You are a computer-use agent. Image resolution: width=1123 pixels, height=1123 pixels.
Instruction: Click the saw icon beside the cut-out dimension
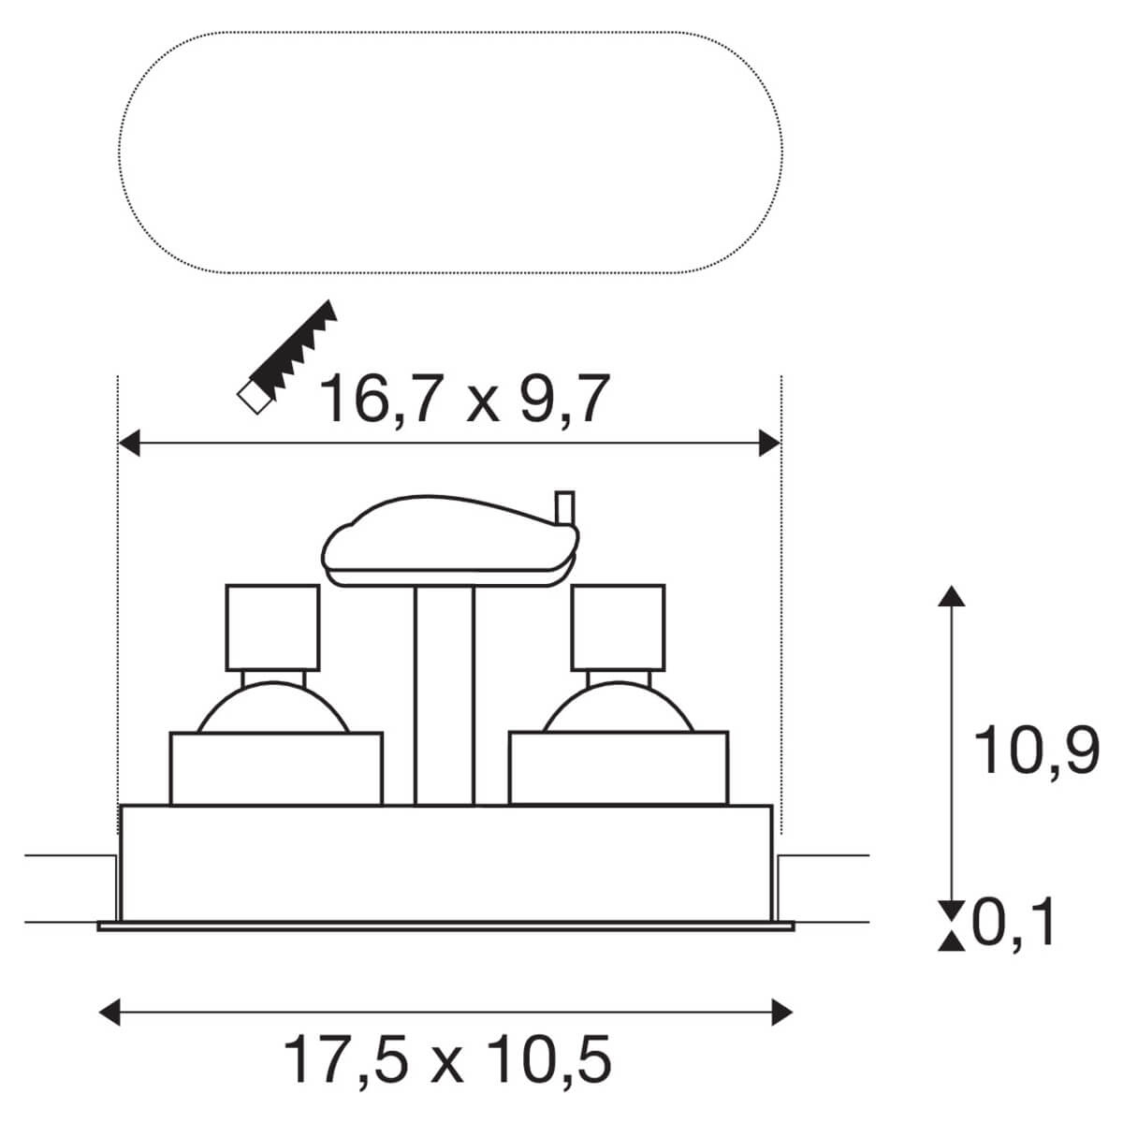click(286, 357)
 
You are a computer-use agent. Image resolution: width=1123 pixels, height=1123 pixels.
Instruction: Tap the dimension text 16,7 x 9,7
click(464, 400)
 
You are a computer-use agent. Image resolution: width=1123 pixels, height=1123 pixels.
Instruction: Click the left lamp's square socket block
click(272, 627)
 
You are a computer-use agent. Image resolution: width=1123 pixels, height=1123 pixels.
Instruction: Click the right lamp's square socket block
click(619, 627)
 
